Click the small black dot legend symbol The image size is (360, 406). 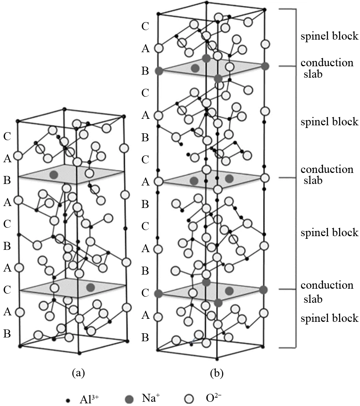pos(68,400)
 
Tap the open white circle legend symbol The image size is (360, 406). pos(189,399)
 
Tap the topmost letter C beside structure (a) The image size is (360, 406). pos(6,136)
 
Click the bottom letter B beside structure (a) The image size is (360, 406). pos(6,334)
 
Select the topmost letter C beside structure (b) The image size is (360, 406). pos(145,26)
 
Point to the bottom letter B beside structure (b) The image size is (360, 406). pos(145,337)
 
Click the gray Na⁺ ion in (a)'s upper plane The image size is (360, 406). pos(54,174)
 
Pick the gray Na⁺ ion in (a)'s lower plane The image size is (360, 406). pos(90,287)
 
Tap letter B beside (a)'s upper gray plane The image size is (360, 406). pos(6,181)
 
